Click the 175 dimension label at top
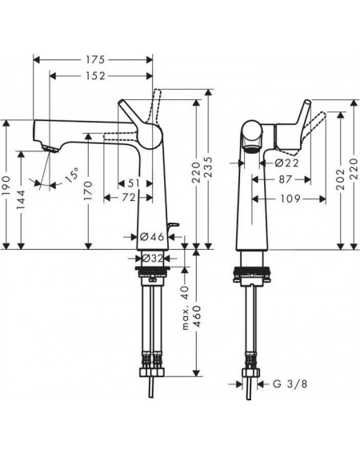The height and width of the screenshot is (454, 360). click(x=95, y=59)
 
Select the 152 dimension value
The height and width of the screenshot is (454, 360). click(x=95, y=76)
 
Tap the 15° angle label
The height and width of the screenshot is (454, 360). click(x=71, y=175)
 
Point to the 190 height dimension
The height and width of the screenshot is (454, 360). click(x=6, y=185)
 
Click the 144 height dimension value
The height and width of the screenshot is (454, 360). click(x=21, y=199)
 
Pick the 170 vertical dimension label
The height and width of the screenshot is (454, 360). click(x=89, y=191)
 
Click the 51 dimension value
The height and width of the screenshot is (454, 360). click(x=134, y=183)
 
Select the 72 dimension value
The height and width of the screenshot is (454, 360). click(x=129, y=198)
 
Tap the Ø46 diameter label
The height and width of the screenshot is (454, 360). click(x=152, y=237)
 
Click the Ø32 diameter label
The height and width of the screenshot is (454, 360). click(x=153, y=258)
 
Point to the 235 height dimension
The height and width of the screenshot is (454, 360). click(x=208, y=167)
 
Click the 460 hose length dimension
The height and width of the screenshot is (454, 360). click(x=198, y=316)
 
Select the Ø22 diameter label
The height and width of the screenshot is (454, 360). click(x=286, y=163)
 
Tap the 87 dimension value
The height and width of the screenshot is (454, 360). click(x=286, y=179)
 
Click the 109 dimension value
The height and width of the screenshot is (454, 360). click(x=290, y=199)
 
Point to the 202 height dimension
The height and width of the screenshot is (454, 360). click(x=341, y=179)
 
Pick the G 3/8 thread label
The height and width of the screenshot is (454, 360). click(x=290, y=384)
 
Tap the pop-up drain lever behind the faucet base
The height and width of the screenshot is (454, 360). click(x=174, y=226)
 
